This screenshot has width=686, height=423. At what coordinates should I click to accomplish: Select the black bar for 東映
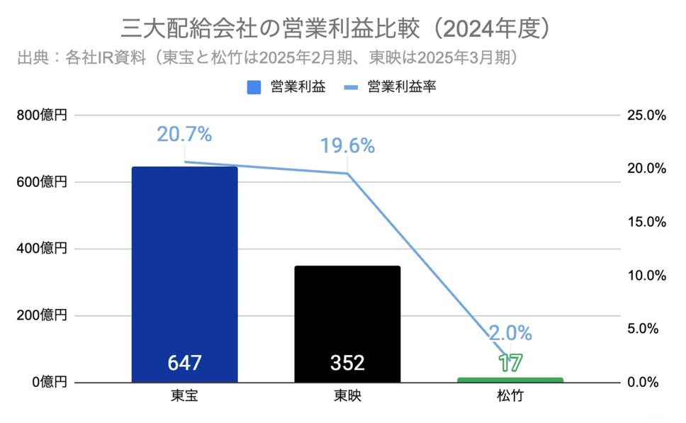[347, 319]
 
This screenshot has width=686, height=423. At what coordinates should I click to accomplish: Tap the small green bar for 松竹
[510, 380]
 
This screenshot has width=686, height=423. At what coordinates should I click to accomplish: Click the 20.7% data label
[184, 133]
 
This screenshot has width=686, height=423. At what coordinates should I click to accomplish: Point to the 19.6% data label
[347, 146]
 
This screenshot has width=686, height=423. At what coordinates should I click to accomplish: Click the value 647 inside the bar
[184, 363]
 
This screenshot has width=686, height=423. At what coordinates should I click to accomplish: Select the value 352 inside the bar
[347, 363]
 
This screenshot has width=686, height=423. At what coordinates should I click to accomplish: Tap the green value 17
[510, 363]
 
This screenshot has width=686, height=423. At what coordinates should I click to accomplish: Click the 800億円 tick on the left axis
[43, 115]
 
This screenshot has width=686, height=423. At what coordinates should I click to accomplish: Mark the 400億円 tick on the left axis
[43, 249]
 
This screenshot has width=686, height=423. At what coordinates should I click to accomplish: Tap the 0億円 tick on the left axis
[48, 383]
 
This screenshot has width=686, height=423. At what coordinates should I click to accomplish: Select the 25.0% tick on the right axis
[646, 115]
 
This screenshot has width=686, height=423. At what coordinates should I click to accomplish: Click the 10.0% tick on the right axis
[646, 276]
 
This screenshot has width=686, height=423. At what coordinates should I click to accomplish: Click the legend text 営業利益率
[401, 87]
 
